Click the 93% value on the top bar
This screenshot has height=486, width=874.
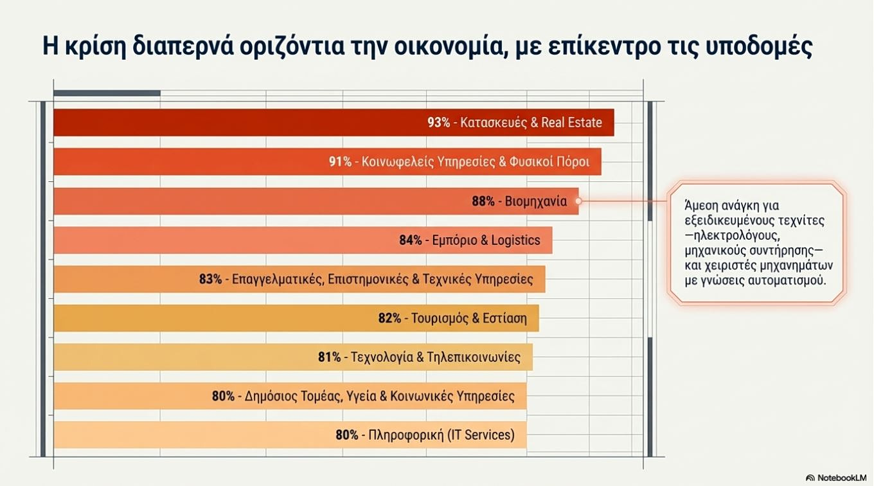click(x=439, y=123)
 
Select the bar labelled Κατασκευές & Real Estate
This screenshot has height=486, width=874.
click(x=257, y=123)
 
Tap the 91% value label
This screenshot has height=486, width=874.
click(x=340, y=162)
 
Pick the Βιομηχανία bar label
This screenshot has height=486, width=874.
click(x=536, y=201)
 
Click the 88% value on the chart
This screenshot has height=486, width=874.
click(x=483, y=201)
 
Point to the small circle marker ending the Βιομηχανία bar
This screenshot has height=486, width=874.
click(x=578, y=201)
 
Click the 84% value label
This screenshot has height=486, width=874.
click(x=411, y=240)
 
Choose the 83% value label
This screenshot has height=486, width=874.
click(x=210, y=280)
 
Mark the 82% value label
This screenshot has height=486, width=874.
click(x=389, y=318)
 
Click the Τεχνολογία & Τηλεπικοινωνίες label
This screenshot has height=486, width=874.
click(x=436, y=357)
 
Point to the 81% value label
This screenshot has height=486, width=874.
click(x=329, y=357)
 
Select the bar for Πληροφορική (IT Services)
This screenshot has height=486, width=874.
click(x=193, y=435)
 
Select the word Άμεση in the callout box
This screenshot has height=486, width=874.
click(x=700, y=206)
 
